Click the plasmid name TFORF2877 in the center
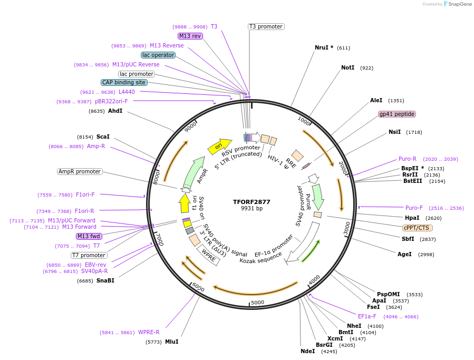point(251,202)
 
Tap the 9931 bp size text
point(251,209)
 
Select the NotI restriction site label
point(348,68)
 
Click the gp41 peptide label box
point(396,114)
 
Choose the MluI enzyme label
point(171,342)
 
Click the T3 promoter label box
point(266,26)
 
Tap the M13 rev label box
point(190,36)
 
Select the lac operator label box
point(158,55)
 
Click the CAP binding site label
point(124,82)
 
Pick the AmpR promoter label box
point(79,171)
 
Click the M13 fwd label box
point(89,236)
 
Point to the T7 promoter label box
point(89,255)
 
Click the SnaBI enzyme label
point(105,280)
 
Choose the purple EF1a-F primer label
point(367,316)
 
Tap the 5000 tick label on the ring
point(257,302)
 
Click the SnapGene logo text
point(459,4)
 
